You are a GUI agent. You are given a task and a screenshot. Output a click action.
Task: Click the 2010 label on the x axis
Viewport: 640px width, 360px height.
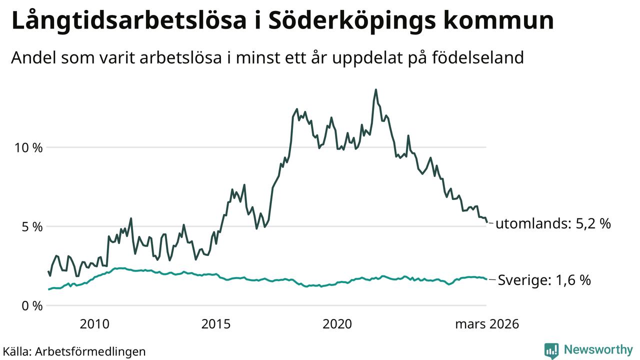pos(94,324)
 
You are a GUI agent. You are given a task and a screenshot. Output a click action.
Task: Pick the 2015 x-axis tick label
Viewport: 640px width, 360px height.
pos(216,324)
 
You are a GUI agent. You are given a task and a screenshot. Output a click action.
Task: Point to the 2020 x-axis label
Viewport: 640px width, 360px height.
pos(337,324)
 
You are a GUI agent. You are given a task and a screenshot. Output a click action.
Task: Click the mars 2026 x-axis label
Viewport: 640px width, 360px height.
pos(486,324)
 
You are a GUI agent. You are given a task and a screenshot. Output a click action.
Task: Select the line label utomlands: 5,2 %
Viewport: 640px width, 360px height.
pos(553,223)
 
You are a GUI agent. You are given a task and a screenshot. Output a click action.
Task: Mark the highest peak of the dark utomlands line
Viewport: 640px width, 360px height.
pos(376,90)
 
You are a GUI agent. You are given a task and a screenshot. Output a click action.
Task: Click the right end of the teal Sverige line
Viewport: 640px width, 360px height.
pos(486,279)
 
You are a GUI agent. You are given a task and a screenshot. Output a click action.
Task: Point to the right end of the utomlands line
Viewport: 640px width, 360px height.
pos(486,222)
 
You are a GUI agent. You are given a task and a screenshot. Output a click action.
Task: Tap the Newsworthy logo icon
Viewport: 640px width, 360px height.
pos(551,350)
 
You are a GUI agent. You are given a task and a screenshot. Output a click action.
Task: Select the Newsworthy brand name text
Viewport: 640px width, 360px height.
pos(598,349)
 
